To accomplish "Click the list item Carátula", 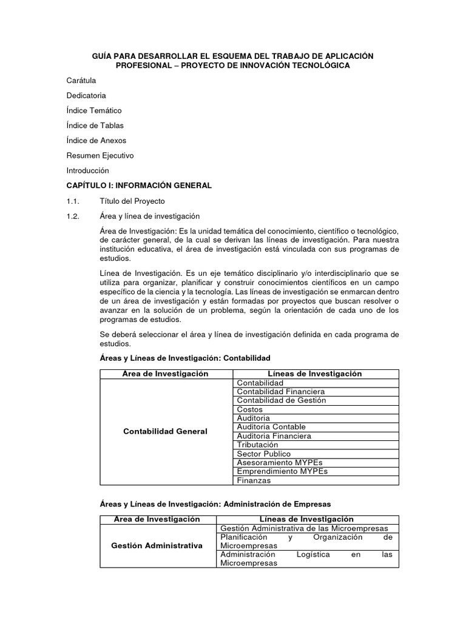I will click(81, 81).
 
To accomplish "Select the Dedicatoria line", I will click(86, 96).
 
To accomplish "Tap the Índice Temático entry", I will click(94, 110).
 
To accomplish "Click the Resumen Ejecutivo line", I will click(100, 155).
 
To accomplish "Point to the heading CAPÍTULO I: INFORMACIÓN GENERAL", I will click(139, 186).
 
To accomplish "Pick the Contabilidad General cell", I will click(165, 431).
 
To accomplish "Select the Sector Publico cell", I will click(264, 454).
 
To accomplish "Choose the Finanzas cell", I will click(254, 480).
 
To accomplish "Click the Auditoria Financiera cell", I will click(274, 436).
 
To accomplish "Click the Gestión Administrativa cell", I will click(157, 546).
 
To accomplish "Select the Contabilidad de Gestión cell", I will click(282, 400).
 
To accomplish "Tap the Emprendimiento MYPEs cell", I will click(278, 471).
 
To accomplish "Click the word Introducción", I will click(87, 170).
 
